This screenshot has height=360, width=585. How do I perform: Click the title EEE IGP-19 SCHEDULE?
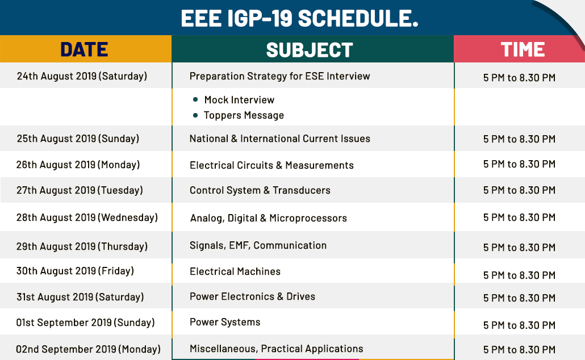(299, 18)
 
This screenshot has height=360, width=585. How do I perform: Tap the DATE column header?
(84, 49)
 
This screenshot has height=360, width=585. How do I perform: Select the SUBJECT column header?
(310, 49)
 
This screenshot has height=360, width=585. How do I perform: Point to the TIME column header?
(523, 49)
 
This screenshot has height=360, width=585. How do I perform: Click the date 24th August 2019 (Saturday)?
(82, 76)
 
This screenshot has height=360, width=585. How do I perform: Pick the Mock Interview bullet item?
(239, 100)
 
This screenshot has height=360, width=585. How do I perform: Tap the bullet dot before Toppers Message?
(195, 115)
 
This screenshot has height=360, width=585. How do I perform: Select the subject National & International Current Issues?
(280, 139)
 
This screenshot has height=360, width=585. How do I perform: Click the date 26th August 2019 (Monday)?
(78, 165)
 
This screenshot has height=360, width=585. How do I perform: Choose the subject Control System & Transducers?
(260, 190)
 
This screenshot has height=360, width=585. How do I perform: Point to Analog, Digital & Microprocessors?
(269, 218)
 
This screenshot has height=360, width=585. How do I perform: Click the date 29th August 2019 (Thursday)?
(82, 246)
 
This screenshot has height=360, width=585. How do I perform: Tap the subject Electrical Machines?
(235, 271)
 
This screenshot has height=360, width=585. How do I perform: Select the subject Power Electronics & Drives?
(252, 296)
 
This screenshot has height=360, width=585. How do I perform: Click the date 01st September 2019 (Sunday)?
(85, 323)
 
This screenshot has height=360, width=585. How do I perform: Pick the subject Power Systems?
(225, 322)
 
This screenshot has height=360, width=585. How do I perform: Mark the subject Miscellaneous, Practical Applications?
(277, 349)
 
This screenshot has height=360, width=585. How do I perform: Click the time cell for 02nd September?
(519, 350)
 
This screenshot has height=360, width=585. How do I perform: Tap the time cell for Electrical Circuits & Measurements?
(519, 164)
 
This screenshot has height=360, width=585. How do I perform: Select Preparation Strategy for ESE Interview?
(280, 76)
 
